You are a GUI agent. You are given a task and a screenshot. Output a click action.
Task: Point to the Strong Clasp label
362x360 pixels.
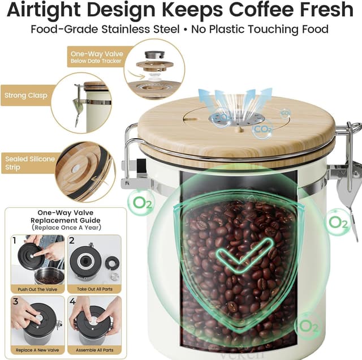(x=25, y=95)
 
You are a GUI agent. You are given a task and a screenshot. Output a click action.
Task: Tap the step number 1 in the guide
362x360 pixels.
(x=15, y=241)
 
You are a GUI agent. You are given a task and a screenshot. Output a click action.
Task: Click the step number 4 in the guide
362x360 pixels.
(x=73, y=302)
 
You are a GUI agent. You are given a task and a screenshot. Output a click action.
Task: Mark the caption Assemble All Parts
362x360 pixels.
(x=94, y=350)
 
